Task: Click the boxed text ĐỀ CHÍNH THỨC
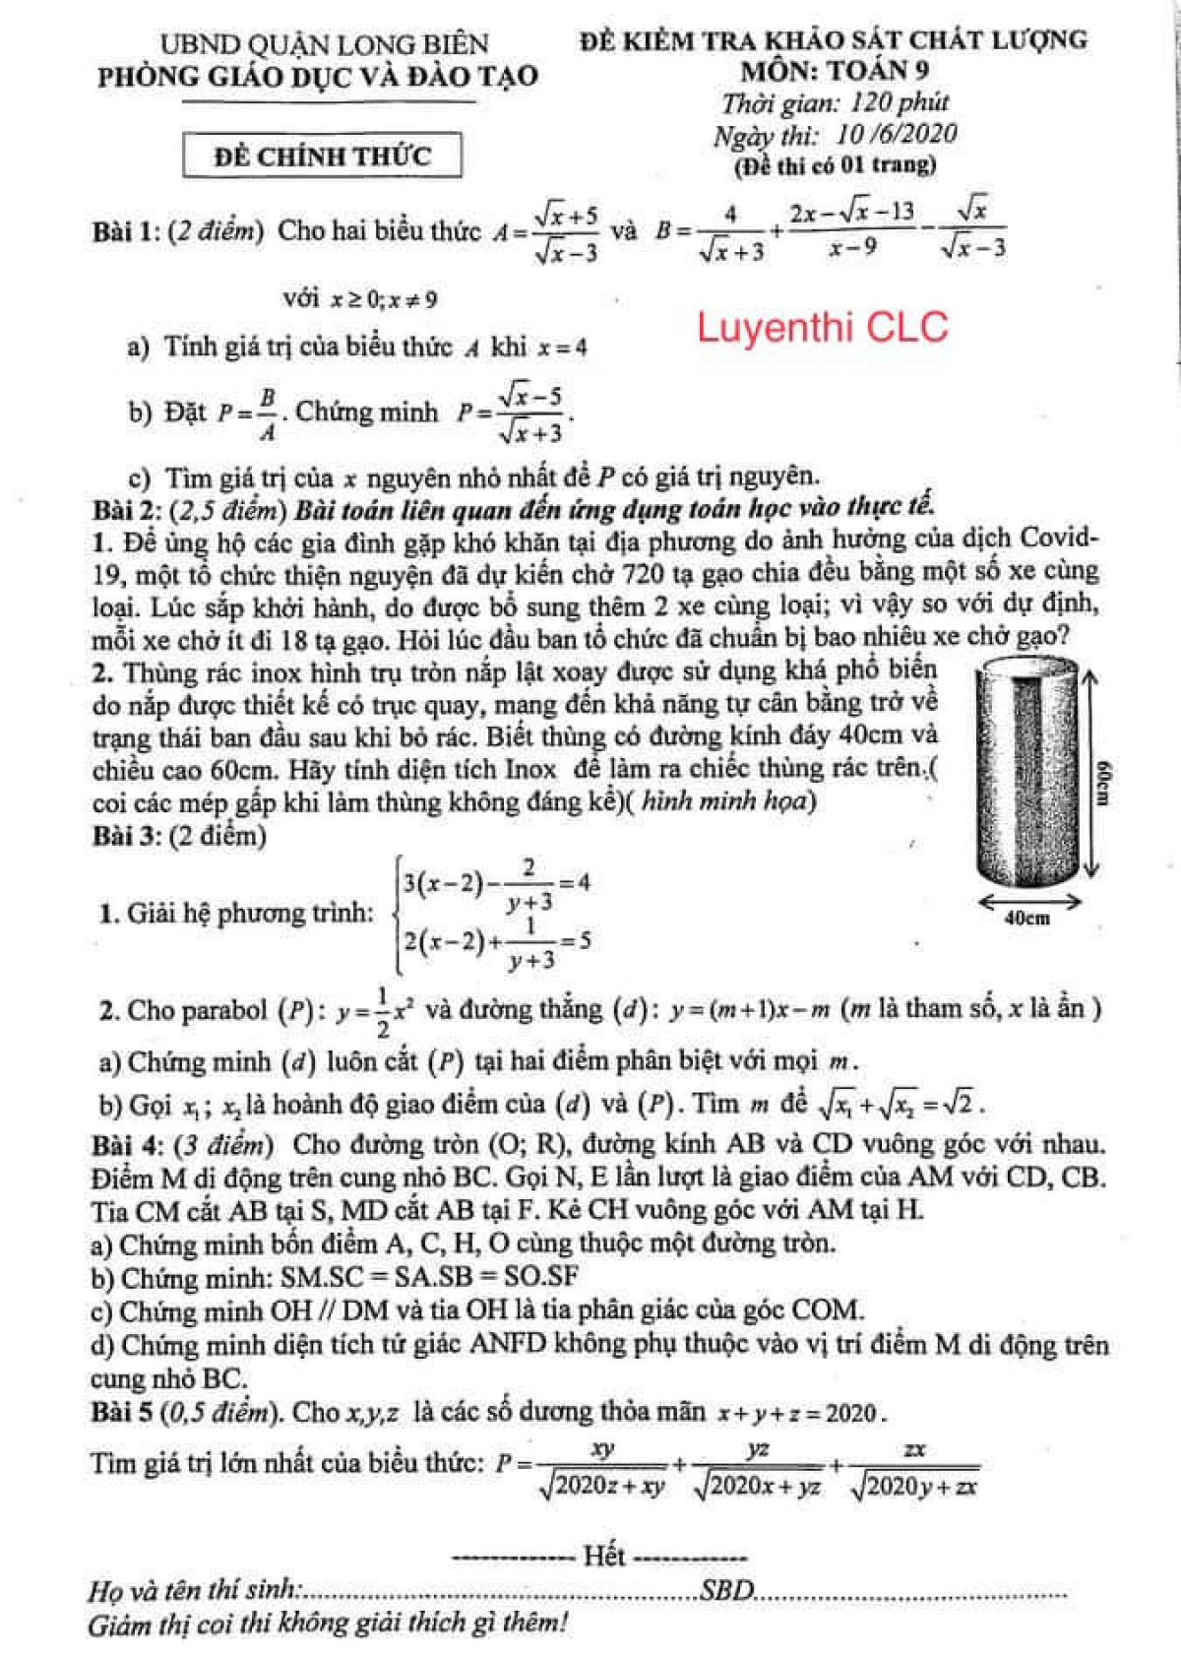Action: (x=322, y=156)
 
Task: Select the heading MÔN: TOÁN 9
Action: (x=835, y=70)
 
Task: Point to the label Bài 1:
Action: (x=126, y=232)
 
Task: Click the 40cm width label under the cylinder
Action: (x=1026, y=918)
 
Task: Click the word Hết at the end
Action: (x=603, y=1556)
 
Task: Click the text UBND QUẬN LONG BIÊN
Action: (x=324, y=43)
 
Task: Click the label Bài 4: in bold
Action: (x=126, y=1144)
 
